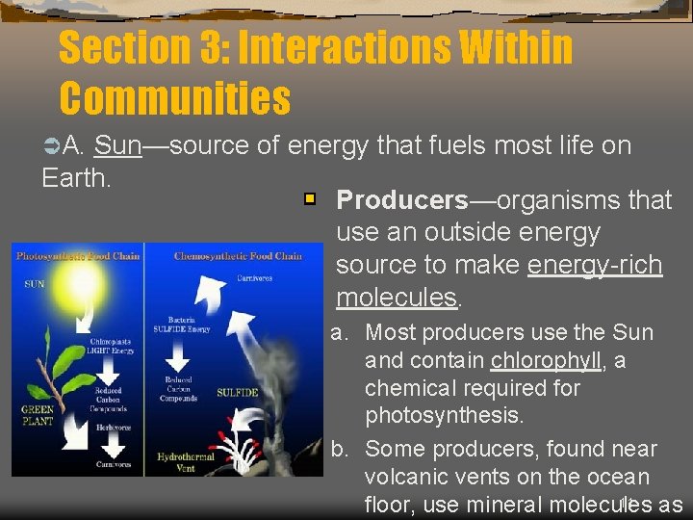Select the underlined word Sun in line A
118,146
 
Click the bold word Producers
401,200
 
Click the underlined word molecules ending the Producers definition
397,298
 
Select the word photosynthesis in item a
444,417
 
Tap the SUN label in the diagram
34,284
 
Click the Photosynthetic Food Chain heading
78,256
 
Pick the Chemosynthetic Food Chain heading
238,256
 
